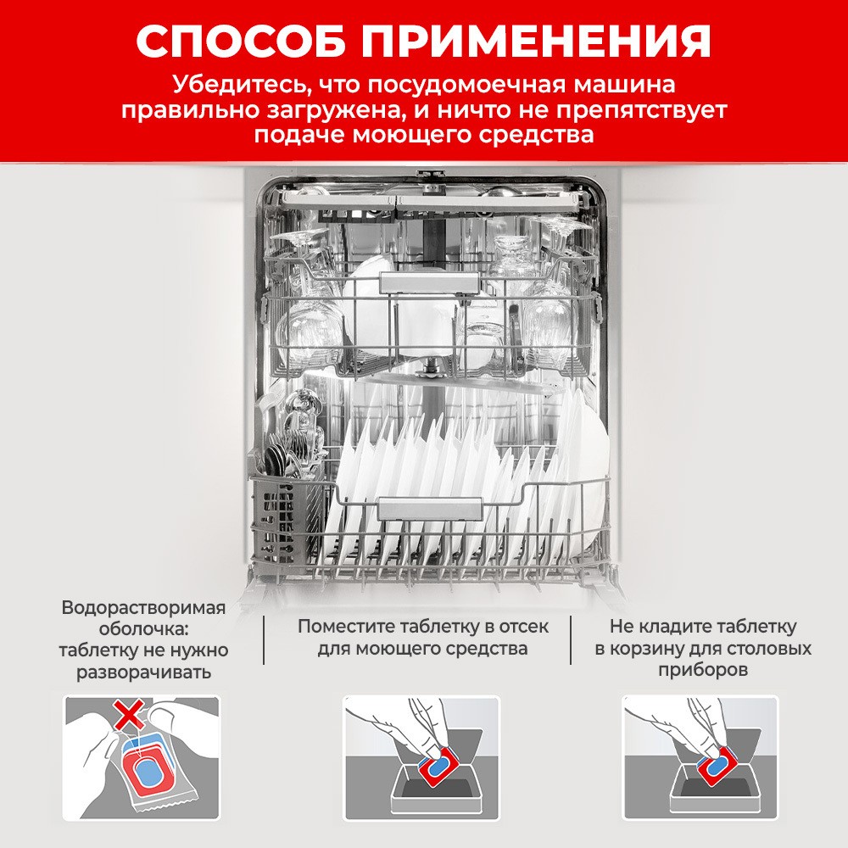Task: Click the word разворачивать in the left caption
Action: coord(143,673)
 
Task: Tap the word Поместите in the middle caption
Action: coord(349,627)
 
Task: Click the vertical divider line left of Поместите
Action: coord(263,640)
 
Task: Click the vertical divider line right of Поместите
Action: coord(571,640)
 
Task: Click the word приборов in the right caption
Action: coord(702,670)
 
